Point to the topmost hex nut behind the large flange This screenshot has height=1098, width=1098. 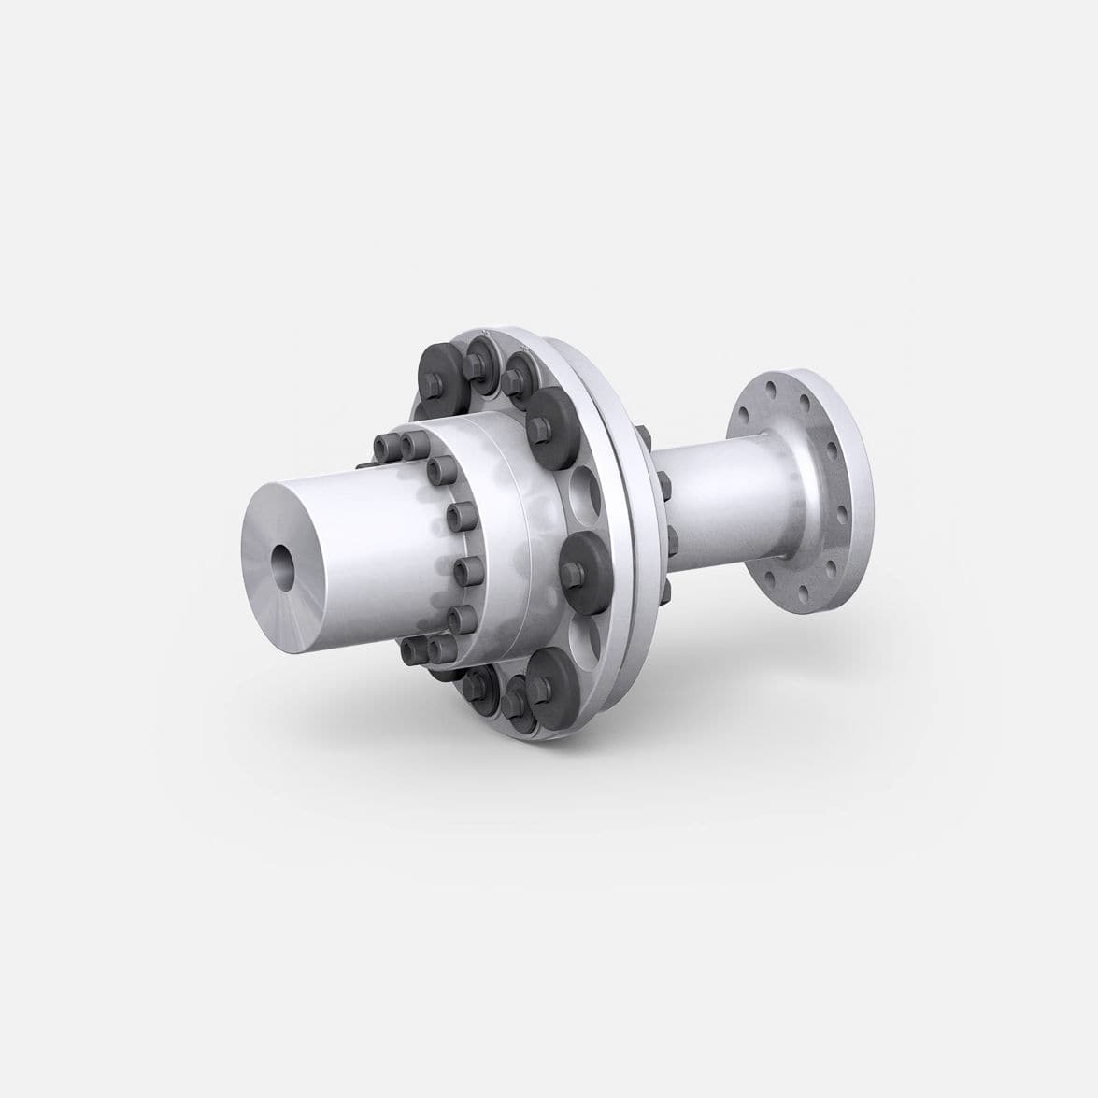pyautogui.click(x=645, y=432)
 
